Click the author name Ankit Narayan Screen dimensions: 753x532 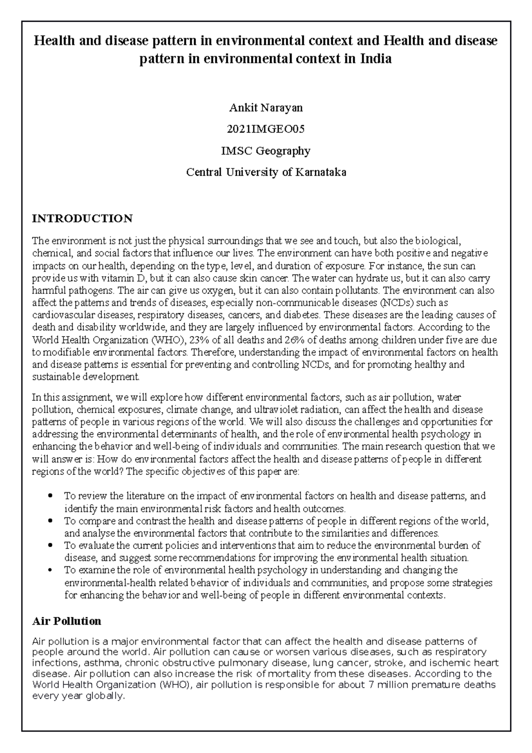click(266, 108)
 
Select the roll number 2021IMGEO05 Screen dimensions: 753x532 click(266, 129)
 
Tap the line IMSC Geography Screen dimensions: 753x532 click(266, 151)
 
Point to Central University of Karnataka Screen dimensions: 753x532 click(266, 173)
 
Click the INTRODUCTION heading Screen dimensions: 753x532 click(82, 219)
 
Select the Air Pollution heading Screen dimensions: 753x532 click(67, 621)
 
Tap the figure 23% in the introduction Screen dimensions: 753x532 click(196, 340)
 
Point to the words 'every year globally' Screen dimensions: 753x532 click(78, 696)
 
